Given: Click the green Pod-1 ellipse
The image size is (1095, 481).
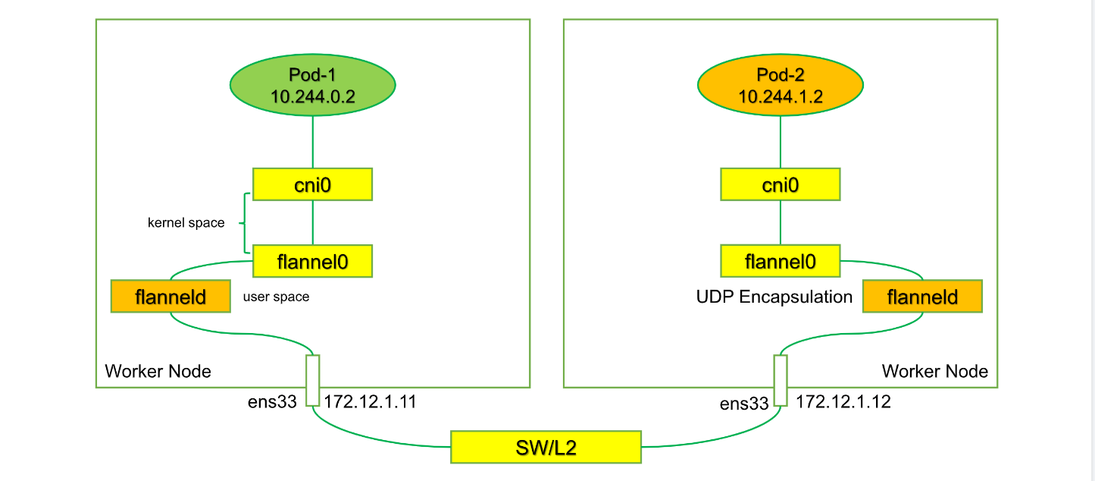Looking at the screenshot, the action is click(312, 85).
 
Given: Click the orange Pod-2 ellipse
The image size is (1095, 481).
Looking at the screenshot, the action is click(781, 85).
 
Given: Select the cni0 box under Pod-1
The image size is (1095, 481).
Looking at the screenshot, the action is click(312, 184).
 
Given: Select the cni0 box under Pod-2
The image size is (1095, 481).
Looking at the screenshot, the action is click(781, 184).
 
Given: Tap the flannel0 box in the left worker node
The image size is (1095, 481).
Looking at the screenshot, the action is click(312, 261).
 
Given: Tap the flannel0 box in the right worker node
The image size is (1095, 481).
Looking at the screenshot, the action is click(781, 261).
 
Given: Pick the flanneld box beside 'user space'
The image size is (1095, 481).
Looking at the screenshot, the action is click(171, 296).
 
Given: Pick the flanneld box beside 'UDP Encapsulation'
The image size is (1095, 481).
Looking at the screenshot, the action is click(922, 296).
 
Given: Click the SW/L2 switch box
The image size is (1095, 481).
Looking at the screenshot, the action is click(546, 447).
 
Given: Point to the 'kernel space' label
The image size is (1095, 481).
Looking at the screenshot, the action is click(186, 223).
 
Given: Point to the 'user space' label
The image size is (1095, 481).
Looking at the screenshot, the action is click(276, 297).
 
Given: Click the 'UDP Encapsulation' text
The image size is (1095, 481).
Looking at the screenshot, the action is click(774, 297).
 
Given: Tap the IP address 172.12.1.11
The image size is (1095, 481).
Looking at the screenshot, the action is click(370, 402).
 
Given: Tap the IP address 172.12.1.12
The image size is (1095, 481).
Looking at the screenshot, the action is click(843, 402).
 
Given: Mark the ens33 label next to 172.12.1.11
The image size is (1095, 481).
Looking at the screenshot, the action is click(272, 402).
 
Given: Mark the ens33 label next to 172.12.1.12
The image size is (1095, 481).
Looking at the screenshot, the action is click(744, 404).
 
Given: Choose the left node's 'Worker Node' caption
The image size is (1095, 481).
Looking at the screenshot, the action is click(158, 372).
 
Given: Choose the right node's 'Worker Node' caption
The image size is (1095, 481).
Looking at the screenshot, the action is click(934, 372).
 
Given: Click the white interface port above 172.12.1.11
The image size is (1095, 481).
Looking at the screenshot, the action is click(312, 381).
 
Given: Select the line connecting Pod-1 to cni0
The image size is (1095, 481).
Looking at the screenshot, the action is click(312, 142).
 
